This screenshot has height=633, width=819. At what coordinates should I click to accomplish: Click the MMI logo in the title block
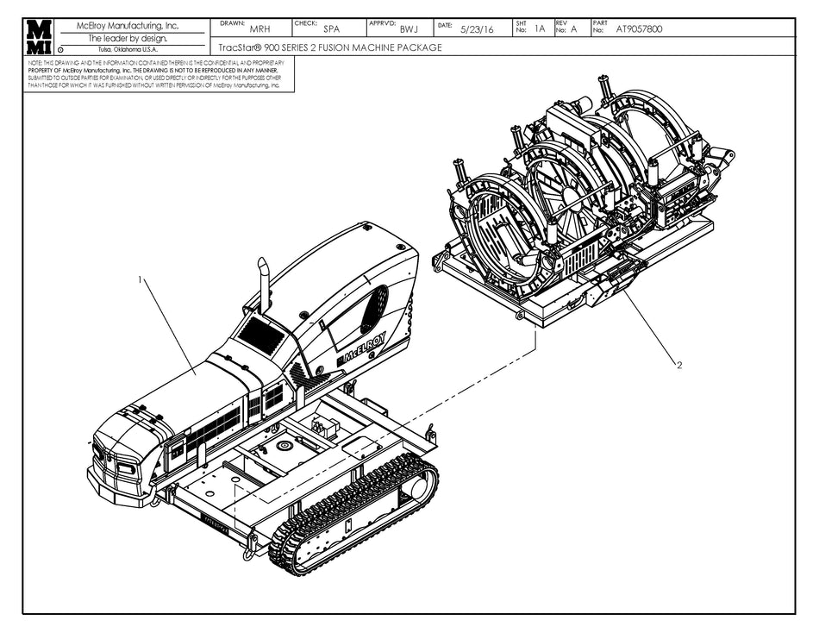coord(38,37)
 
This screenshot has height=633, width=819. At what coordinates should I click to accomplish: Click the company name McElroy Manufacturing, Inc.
coord(128,26)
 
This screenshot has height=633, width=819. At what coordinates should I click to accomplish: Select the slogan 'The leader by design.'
coord(128,38)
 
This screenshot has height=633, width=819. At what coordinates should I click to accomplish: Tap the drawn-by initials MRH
coord(259,29)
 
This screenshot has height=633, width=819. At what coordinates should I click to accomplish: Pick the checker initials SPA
coord(331,29)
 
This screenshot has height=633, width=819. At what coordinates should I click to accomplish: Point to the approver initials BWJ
coord(409,29)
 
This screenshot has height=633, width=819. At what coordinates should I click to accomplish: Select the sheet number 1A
coord(540,28)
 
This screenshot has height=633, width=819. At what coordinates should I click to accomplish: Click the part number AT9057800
coord(640,28)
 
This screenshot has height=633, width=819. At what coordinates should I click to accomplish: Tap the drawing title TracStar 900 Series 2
coord(332,47)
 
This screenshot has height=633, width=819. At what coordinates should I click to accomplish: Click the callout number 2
coord(679,365)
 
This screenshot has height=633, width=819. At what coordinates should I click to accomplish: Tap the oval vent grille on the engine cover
coord(374,309)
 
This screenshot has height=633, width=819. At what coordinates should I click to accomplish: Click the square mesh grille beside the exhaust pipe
coord(261,334)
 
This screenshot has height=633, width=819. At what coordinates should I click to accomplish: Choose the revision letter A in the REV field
coord(573,28)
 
